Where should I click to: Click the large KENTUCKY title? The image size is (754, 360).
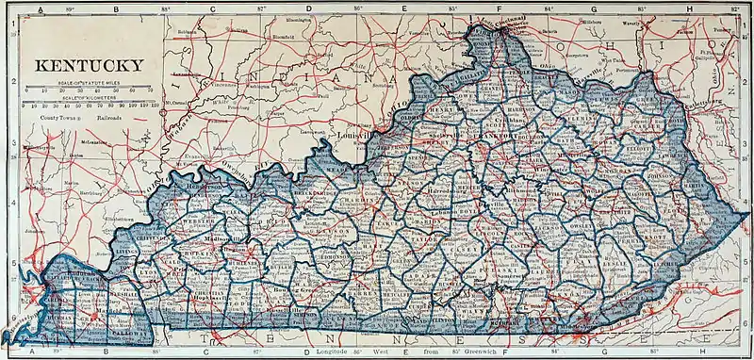pyautogui.click(x=90, y=66)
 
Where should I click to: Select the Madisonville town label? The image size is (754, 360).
pyautogui.click(x=226, y=239)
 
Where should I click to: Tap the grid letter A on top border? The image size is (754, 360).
pyautogui.click(x=38, y=8)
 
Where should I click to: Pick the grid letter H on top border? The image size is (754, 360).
pyautogui.click(x=691, y=8)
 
